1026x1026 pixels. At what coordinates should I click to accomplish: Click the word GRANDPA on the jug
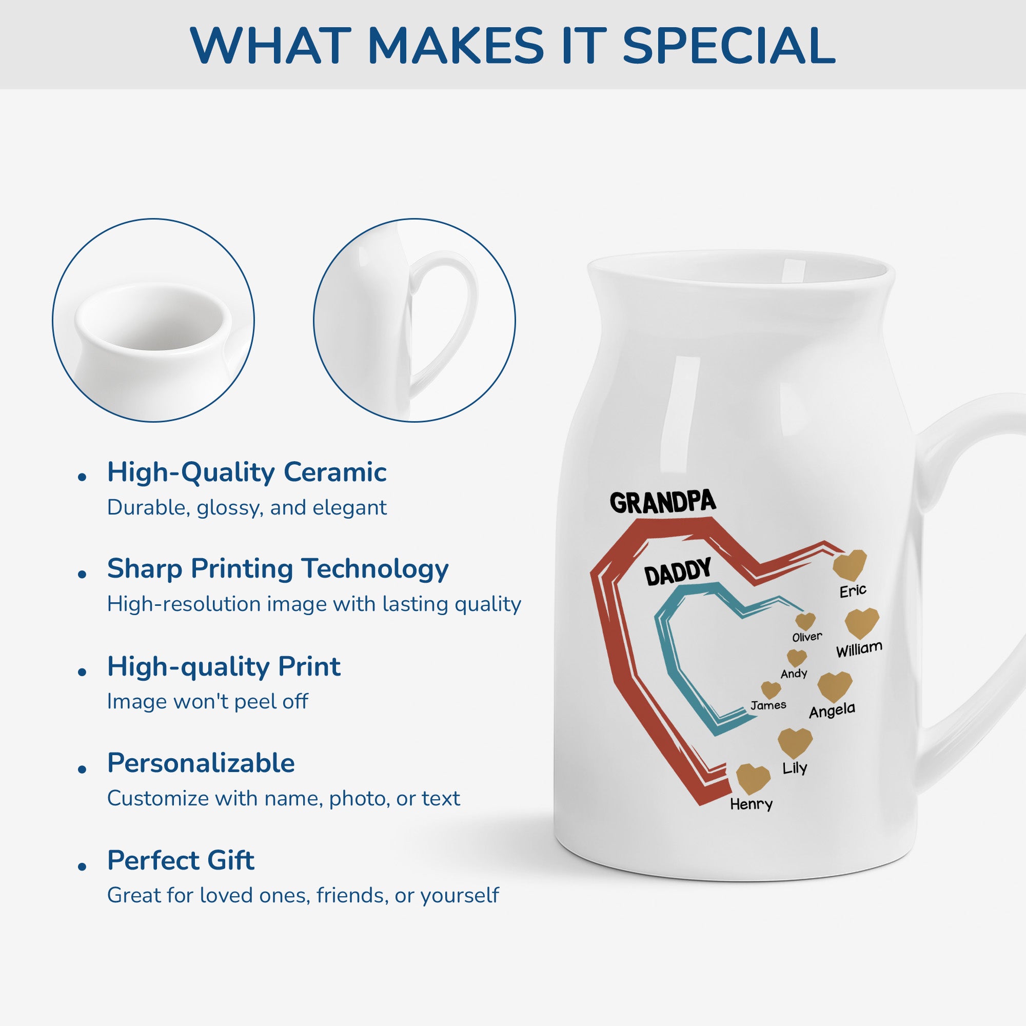663,502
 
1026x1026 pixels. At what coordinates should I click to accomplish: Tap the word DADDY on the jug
678,572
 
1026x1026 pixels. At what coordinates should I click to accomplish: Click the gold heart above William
861,623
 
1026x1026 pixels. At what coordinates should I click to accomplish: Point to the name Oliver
807,637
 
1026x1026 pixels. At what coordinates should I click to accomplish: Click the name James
768,705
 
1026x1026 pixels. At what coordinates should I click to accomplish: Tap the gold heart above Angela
835,687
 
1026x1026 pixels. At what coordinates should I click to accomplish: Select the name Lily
795,768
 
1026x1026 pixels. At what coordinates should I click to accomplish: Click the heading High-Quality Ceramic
247,472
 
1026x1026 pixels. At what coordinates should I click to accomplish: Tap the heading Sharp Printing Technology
278,569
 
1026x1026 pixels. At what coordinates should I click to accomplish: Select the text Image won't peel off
208,701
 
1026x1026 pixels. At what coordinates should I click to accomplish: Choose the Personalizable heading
201,763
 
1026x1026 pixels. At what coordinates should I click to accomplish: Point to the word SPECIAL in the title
728,46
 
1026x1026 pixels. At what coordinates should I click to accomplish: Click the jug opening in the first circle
153,318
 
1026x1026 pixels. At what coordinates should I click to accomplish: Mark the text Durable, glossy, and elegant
247,508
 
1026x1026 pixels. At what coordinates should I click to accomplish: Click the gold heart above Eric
850,565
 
